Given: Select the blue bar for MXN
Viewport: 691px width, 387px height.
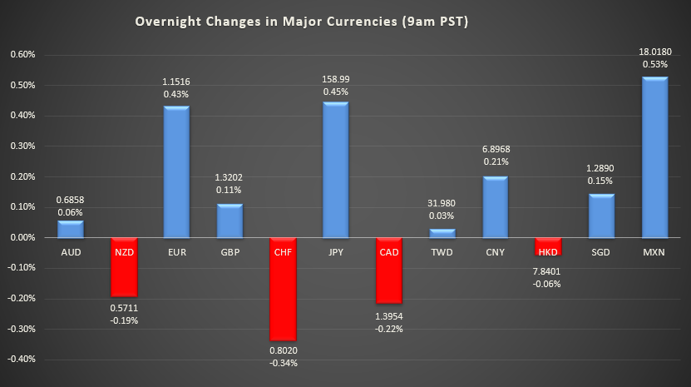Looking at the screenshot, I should click(654, 157).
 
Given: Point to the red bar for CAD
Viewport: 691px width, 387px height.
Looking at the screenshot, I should click(388, 270).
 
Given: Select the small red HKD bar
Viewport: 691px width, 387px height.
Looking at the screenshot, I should click(547, 246).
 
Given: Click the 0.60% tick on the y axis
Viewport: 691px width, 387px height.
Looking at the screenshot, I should click(22, 55).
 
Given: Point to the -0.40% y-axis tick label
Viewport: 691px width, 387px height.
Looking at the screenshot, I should click(22, 360).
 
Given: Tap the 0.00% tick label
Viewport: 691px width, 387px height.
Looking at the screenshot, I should click(22, 238).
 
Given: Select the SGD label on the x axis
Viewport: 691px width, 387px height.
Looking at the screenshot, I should click(601, 251).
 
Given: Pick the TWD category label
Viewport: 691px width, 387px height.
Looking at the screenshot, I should click(441, 251).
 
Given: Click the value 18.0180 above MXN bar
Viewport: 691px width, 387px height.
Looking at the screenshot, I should click(654, 51).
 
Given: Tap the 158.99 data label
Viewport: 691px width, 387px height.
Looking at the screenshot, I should click(334, 80).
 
